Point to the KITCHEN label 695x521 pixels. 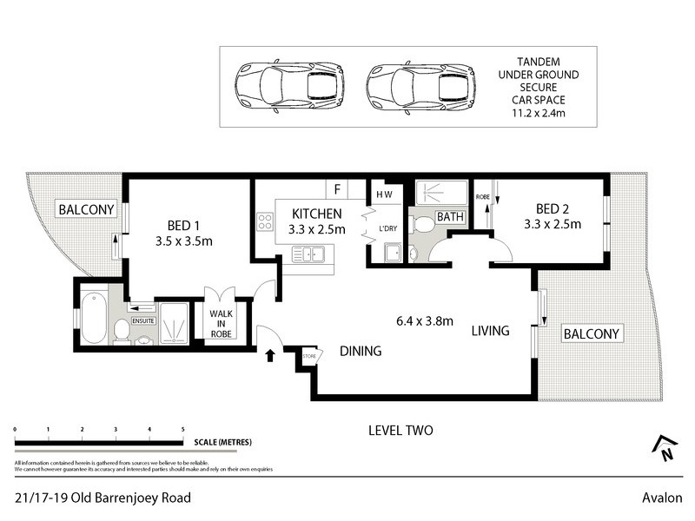pyautogui.click(x=316, y=214)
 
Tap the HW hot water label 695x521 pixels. pyautogui.click(x=382, y=195)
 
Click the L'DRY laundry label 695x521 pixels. pyautogui.click(x=387, y=228)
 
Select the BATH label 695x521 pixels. pyautogui.click(x=449, y=216)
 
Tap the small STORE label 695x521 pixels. pyautogui.click(x=308, y=355)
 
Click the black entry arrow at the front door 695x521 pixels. pyautogui.click(x=269, y=354)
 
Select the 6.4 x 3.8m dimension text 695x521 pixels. pyautogui.click(x=424, y=320)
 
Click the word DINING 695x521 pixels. pyautogui.click(x=361, y=351)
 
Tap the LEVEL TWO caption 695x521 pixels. pyautogui.click(x=400, y=430)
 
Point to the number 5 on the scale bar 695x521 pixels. pyautogui.click(x=182, y=430)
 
